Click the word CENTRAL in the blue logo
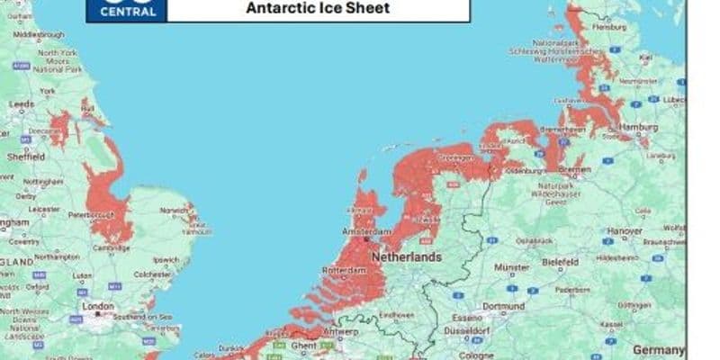[127, 13]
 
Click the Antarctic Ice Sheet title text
[318, 8]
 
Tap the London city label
[98, 306]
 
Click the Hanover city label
[625, 230]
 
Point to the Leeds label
[22, 104]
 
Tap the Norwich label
[175, 211]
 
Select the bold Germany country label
[659, 349]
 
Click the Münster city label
[511, 267]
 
